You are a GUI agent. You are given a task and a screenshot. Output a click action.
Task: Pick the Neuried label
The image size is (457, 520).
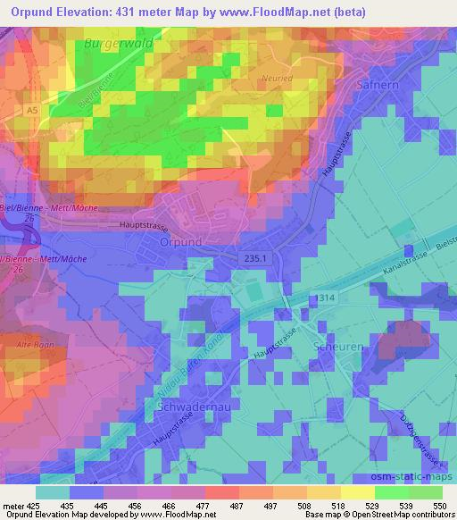click(x=276, y=78)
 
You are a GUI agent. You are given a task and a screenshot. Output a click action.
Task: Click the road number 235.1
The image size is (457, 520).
click(x=253, y=258)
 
